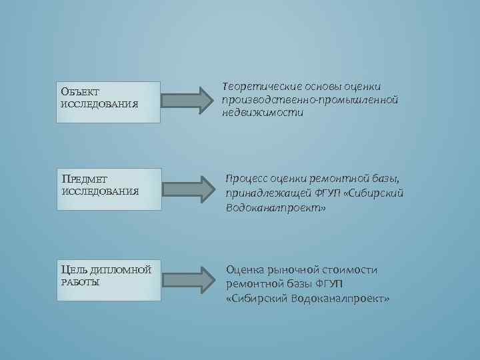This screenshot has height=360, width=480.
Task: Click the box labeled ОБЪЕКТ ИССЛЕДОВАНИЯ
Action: [109, 102]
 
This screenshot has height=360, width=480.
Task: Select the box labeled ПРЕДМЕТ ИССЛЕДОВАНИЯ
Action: [109, 189]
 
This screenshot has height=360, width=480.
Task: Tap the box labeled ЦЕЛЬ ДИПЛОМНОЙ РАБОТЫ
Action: [109, 279]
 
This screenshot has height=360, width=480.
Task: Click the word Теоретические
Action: [259, 86]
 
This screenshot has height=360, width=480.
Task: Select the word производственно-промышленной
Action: [311, 99]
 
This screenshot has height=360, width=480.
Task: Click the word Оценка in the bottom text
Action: [245, 269]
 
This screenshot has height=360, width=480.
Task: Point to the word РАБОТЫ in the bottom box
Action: [80, 283]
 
